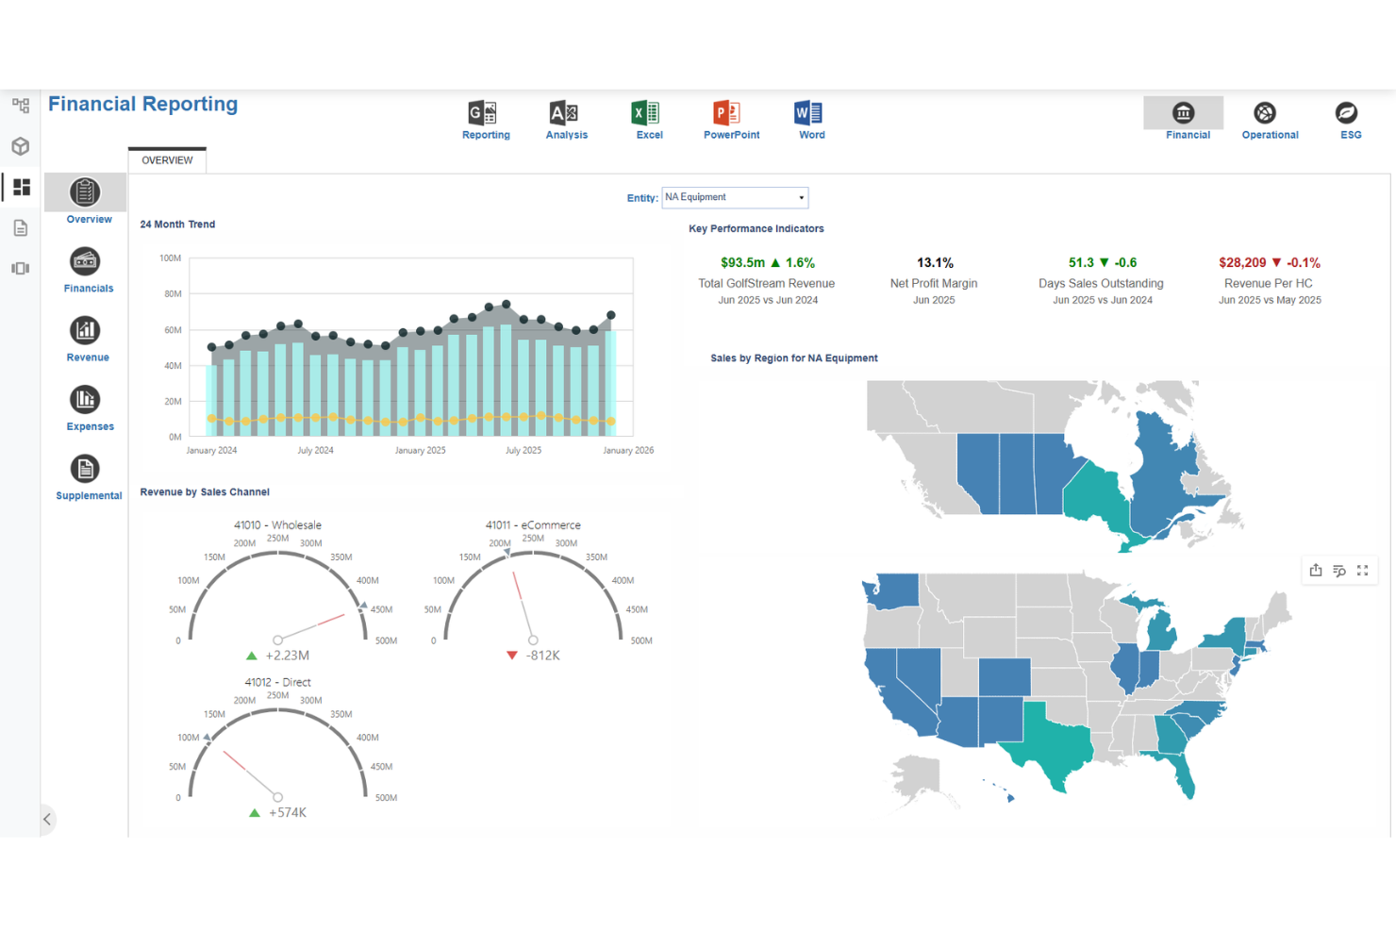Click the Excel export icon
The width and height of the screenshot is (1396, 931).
tap(645, 113)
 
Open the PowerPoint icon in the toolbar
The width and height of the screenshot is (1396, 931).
tap(726, 113)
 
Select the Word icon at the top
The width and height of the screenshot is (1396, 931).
tap(808, 113)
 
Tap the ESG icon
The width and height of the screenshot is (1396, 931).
tap(1347, 113)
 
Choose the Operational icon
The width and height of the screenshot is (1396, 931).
tap(1265, 113)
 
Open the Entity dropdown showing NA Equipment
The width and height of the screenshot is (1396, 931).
tap(735, 197)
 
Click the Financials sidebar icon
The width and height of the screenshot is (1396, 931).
tap(86, 261)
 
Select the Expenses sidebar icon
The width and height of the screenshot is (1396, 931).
tap(86, 399)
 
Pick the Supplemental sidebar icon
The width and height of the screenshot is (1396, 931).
tap(86, 469)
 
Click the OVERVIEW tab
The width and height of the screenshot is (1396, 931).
tap(167, 160)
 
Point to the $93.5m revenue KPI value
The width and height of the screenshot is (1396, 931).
tap(742, 262)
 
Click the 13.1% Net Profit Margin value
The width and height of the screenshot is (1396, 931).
tap(935, 262)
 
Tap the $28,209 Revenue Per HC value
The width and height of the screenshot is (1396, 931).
tap(1242, 262)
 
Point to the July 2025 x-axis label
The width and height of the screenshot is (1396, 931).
tap(523, 450)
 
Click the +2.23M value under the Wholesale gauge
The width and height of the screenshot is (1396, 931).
tap(288, 656)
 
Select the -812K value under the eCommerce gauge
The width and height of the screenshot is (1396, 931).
tap(542, 656)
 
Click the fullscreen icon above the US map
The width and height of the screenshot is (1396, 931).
tap(1363, 570)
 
